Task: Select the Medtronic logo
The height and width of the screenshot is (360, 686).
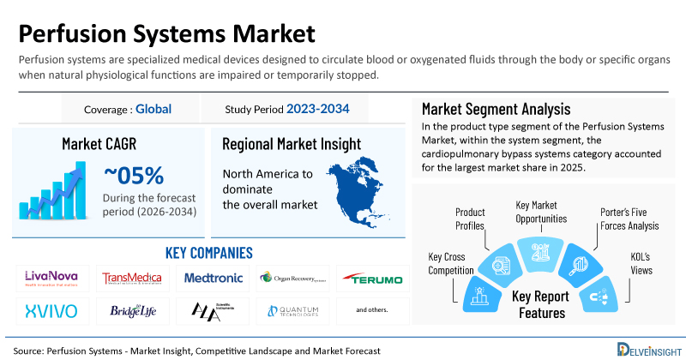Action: pyautogui.click(x=214, y=278)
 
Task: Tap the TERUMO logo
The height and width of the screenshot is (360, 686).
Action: pyautogui.click(x=372, y=278)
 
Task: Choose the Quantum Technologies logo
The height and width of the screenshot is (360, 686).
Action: pyautogui.click(x=292, y=309)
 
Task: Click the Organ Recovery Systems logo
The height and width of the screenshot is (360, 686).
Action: pyautogui.click(x=292, y=278)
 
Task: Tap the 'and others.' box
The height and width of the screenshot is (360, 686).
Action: pyautogui.click(x=372, y=309)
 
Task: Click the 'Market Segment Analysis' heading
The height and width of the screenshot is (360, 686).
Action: pyautogui.click(x=496, y=110)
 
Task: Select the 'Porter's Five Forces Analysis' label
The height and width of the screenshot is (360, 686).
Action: pyautogui.click(x=629, y=219)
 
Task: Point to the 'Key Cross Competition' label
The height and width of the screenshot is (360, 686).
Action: pyautogui.click(x=450, y=263)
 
